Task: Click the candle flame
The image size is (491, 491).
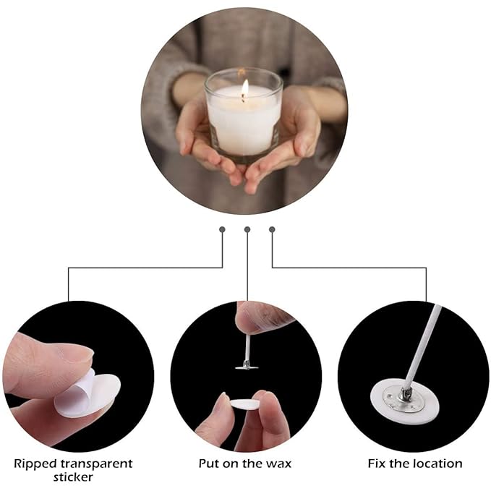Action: [245, 89]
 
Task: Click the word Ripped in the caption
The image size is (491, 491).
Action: [35, 463]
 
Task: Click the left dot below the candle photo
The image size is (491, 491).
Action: [223, 229]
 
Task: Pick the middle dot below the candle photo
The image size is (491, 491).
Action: [247, 229]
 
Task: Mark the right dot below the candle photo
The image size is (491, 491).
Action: [272, 229]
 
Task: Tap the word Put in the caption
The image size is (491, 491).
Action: [210, 463]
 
